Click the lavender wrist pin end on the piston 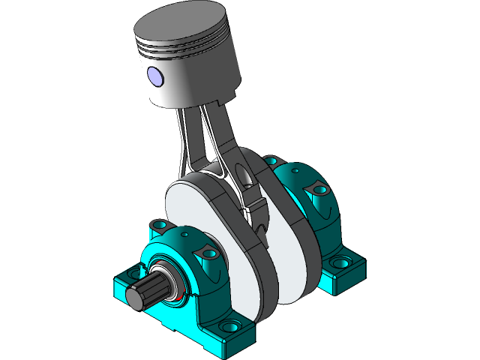pos(155,75)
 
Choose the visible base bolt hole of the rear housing pos(341,263)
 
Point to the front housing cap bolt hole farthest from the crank pos(158,224)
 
